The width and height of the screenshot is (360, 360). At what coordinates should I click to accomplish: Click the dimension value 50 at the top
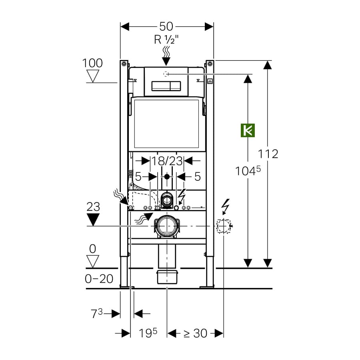[166, 26]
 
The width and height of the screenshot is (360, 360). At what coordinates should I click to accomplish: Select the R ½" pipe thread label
[166, 40]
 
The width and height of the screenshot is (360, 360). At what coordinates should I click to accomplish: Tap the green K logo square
[248, 130]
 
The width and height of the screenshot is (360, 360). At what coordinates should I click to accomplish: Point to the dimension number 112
[268, 154]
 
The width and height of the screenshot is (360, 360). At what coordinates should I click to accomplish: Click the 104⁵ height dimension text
[248, 171]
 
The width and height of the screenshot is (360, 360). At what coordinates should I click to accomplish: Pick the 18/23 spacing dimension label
[167, 161]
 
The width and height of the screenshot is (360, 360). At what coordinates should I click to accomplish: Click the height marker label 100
[92, 63]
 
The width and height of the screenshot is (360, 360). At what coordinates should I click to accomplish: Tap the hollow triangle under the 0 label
[93, 261]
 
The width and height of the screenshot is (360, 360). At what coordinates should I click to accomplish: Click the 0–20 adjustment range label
[99, 279]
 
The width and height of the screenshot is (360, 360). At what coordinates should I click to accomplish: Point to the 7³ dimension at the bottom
[97, 314]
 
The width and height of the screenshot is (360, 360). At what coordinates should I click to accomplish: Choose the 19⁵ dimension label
[148, 333]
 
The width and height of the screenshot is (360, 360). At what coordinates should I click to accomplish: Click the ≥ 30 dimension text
[195, 333]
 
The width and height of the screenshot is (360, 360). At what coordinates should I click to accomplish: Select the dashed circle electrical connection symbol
[223, 226]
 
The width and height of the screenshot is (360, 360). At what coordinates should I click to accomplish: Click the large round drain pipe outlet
[166, 226]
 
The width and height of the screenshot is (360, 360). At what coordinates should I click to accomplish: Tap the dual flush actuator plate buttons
[166, 86]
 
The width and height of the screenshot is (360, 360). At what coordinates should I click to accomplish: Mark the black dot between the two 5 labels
[167, 176]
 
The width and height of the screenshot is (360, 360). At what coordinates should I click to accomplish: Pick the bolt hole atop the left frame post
[124, 63]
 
